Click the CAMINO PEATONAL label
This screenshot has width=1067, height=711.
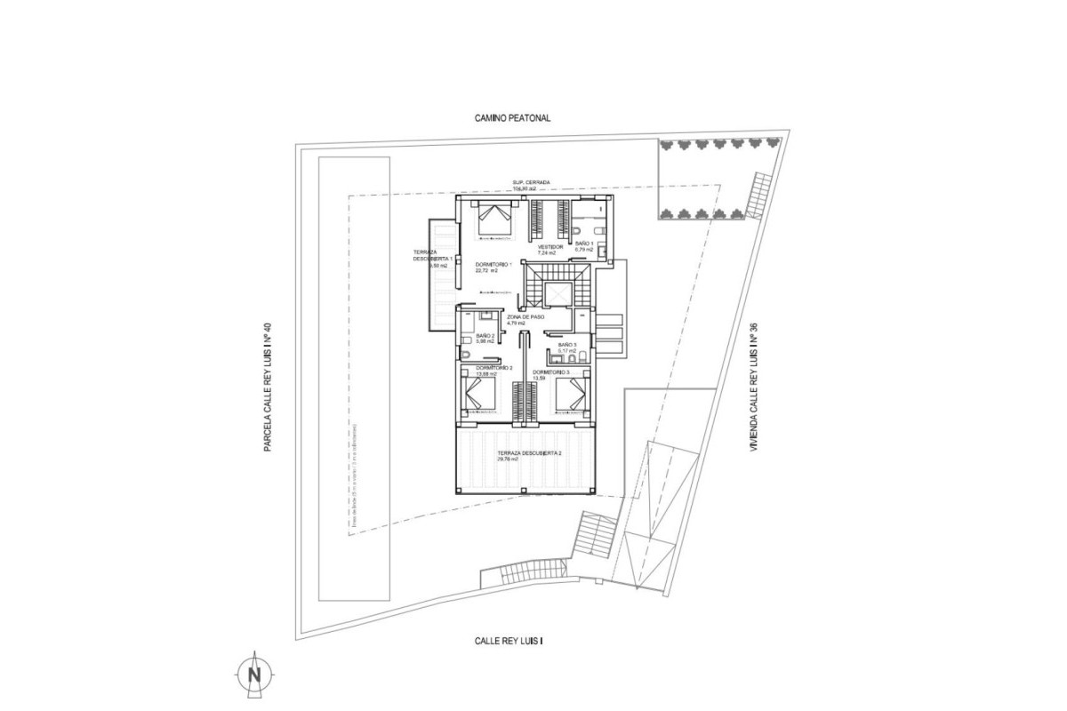(x=514, y=117)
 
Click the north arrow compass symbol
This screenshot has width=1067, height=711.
(x=254, y=673)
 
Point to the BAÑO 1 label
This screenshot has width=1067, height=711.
(x=584, y=243)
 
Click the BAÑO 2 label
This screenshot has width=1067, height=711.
(x=485, y=335)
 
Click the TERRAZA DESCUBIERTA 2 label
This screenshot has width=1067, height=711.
(x=530, y=453)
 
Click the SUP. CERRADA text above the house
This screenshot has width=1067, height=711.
(x=532, y=182)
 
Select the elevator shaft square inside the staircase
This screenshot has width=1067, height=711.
(x=558, y=294)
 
